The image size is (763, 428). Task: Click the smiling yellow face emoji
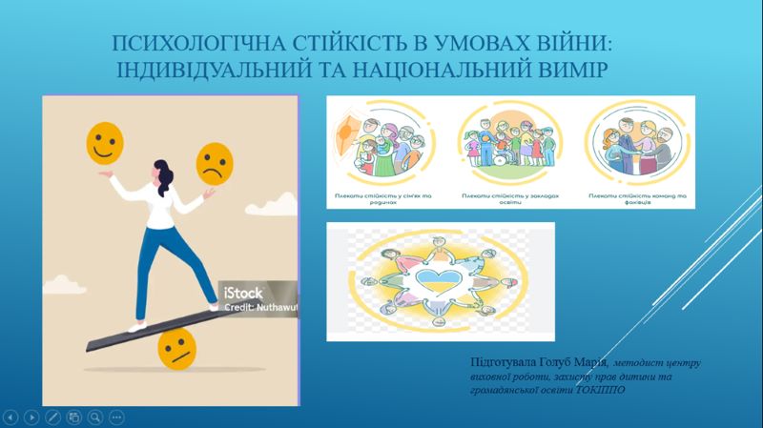105,146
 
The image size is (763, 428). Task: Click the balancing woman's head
160,174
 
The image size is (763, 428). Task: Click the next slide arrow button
31,417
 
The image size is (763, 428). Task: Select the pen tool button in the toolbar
52,417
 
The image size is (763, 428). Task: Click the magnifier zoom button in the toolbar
95,417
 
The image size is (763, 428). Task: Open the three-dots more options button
116,417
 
